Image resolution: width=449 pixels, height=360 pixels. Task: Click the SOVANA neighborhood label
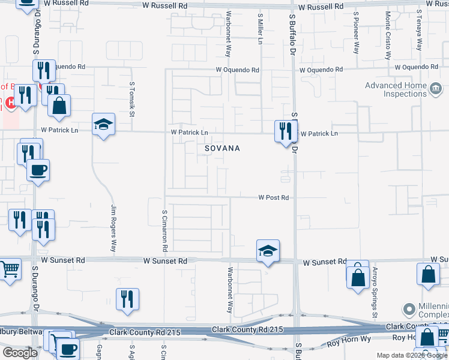pos(222,148)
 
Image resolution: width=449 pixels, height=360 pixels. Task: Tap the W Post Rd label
pos(274,197)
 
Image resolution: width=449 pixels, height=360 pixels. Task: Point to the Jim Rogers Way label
pos(113,228)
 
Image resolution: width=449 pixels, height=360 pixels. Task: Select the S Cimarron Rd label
pos(164,230)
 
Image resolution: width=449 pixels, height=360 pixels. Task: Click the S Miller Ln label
pos(260,29)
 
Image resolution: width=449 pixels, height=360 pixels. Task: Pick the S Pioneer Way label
pos(356,32)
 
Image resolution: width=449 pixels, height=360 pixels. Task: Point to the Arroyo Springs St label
pos(375,293)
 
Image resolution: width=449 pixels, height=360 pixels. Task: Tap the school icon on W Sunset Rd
pos(268,251)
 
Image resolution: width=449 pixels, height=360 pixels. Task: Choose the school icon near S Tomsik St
pos(103,124)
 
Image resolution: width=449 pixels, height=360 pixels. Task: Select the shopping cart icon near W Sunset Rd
pos(10,270)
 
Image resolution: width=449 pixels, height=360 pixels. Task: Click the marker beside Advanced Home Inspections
pos(436,89)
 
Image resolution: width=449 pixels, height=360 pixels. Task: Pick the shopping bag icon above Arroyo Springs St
pos(358,277)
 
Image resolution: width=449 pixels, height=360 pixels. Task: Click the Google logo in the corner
pos(20,353)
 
